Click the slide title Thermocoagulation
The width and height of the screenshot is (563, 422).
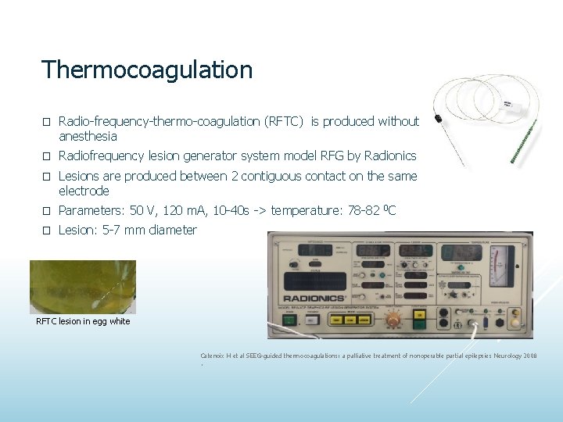pos(147,70)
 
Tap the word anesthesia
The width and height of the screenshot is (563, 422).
pos(88,136)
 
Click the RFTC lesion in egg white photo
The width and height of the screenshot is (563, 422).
pos(83,287)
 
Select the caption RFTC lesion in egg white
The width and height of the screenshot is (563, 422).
pos(84,321)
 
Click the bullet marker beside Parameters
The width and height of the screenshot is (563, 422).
pos(46,211)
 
